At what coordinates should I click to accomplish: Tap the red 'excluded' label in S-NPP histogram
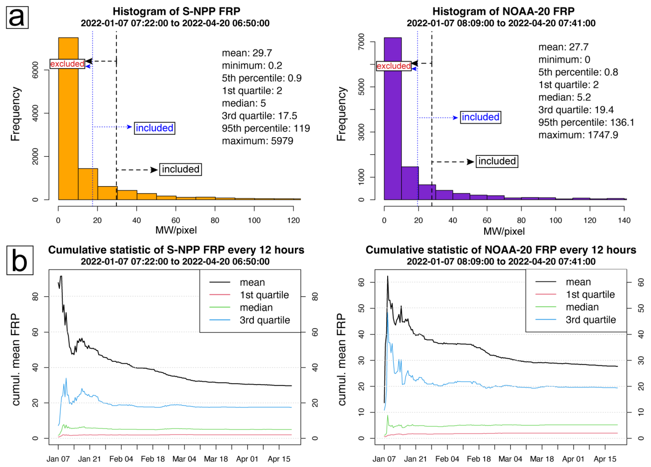67,64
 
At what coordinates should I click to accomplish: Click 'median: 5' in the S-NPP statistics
243,103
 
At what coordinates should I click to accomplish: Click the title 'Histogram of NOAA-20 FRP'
503,11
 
